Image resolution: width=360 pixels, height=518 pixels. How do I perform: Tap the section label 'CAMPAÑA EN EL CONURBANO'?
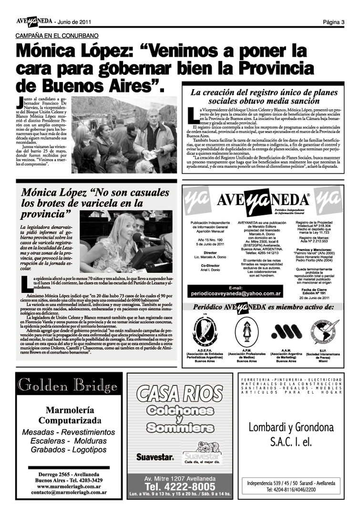click(x=57, y=36)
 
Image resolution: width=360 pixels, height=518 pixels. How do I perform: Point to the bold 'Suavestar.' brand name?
click(x=154, y=457)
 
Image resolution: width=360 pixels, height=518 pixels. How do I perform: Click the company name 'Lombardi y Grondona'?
click(x=291, y=427)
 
